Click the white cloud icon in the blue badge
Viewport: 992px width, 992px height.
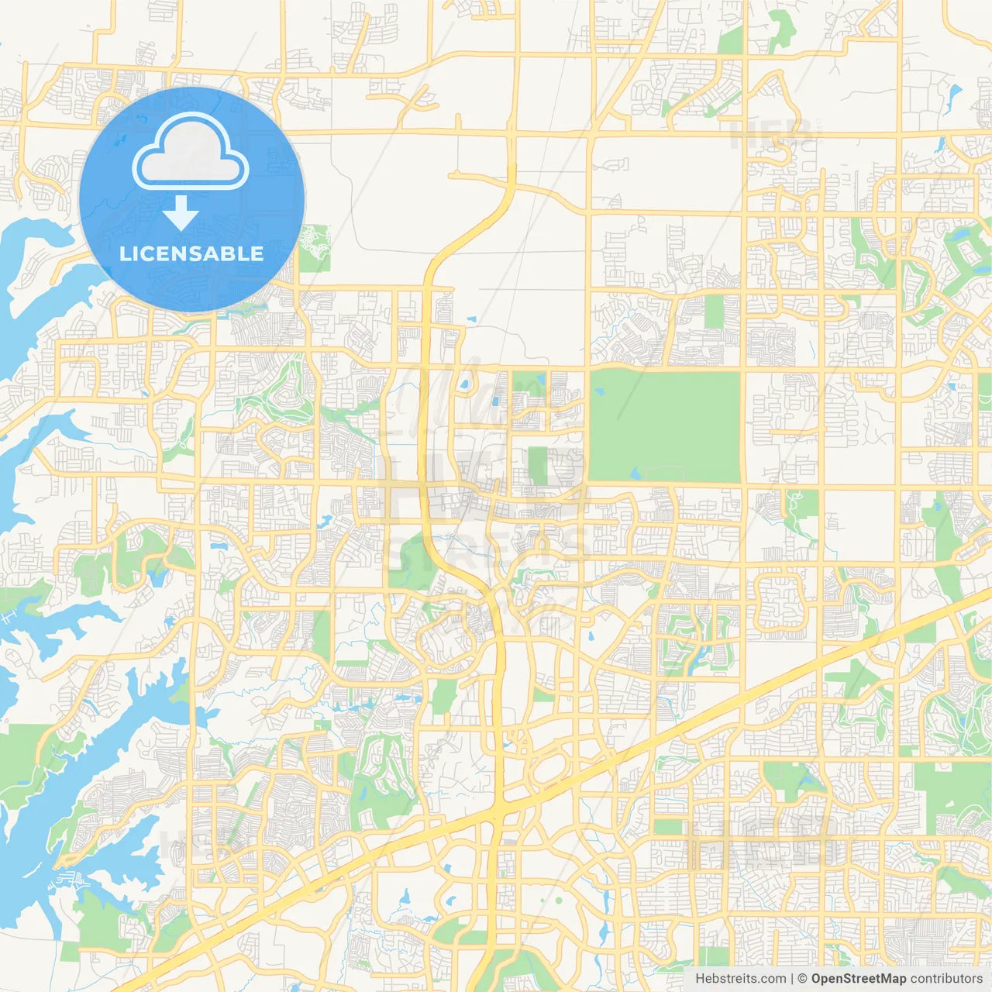(x=190, y=153)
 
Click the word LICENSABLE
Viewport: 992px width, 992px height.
(x=191, y=253)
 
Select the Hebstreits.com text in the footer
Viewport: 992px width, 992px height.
(x=740, y=979)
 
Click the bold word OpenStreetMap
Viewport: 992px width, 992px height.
(x=858, y=979)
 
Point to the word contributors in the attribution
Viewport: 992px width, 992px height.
(x=946, y=979)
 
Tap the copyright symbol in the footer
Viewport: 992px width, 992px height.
(x=802, y=979)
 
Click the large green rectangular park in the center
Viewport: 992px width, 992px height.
(x=665, y=426)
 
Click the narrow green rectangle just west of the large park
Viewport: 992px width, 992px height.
(x=538, y=466)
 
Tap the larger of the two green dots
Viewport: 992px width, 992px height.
(x=557, y=901)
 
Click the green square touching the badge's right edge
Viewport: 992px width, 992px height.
(x=314, y=248)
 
